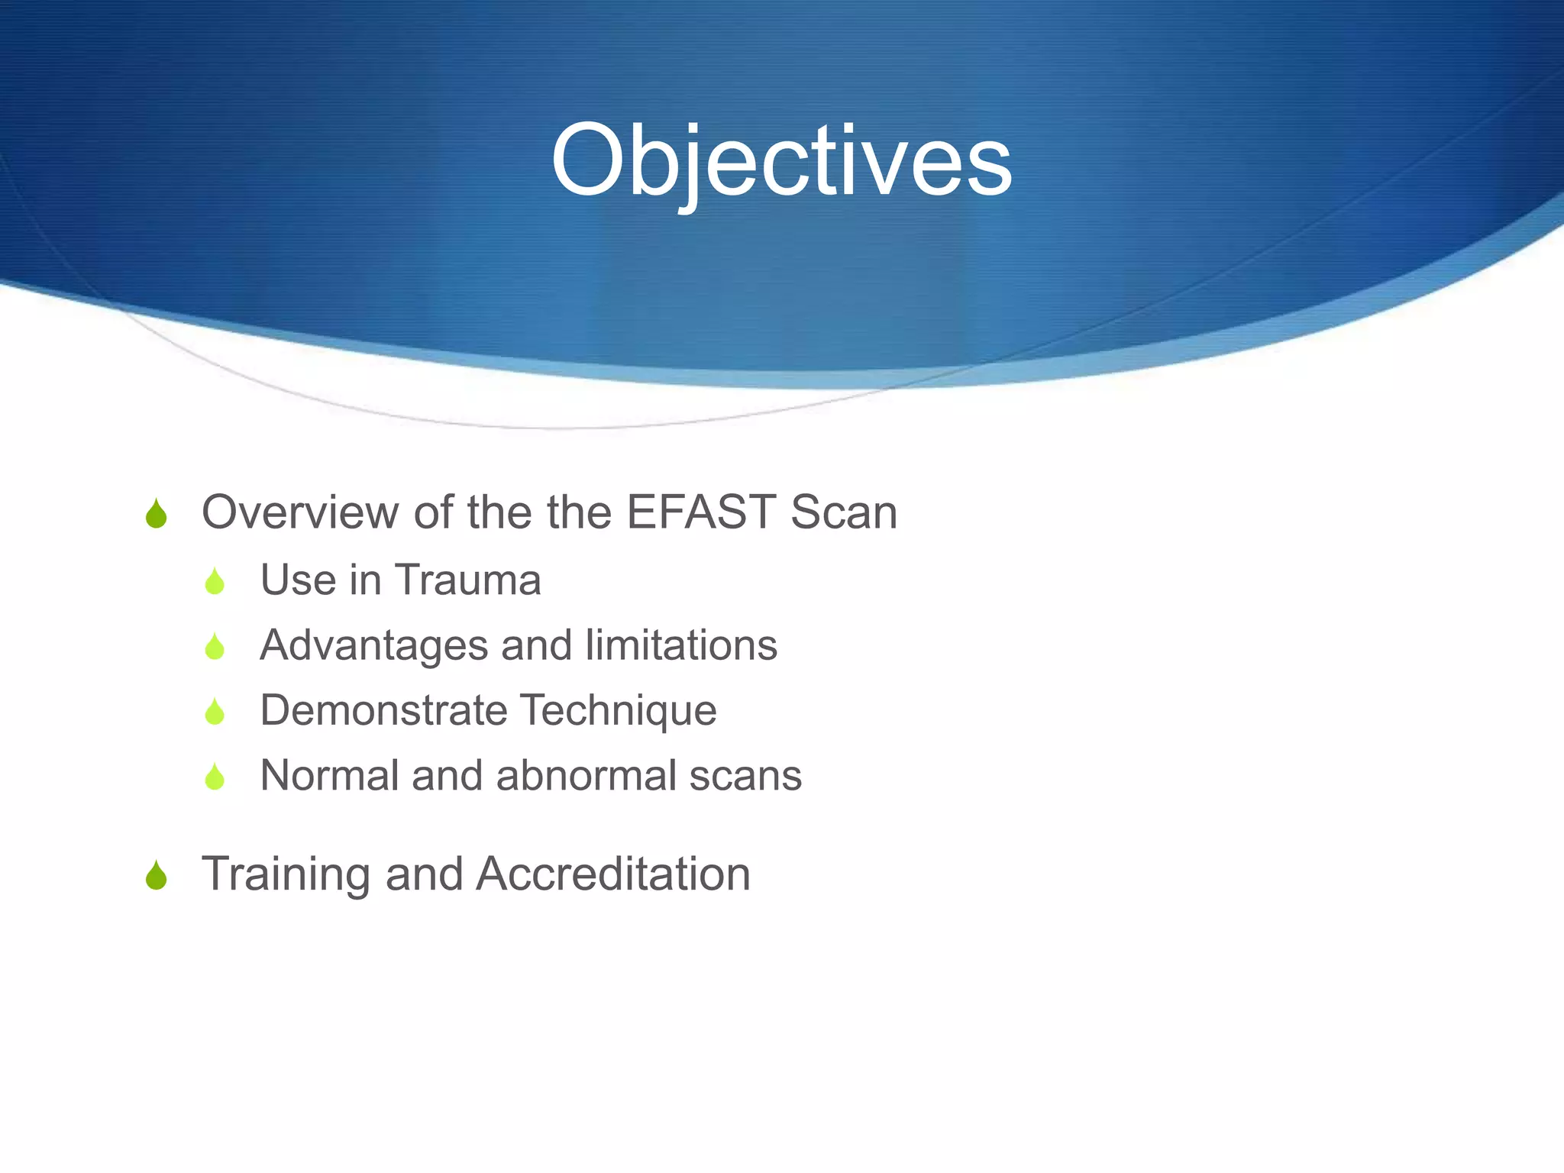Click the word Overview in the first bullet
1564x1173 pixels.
click(x=299, y=512)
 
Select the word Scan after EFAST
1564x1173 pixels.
click(x=844, y=512)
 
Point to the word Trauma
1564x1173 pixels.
click(x=468, y=580)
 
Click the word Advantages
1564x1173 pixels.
click(x=373, y=645)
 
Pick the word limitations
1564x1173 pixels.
click(x=681, y=645)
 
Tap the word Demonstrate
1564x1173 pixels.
click(x=384, y=710)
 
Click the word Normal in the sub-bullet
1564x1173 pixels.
click(x=329, y=775)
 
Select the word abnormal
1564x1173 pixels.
click(x=586, y=775)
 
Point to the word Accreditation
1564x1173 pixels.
click(x=613, y=874)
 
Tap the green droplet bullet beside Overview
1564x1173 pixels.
click(x=156, y=514)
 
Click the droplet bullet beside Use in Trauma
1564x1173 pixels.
click(x=215, y=582)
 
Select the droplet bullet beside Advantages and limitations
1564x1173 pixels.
click(x=215, y=647)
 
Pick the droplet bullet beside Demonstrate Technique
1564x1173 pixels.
click(x=215, y=713)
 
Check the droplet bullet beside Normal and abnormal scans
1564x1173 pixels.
click(x=215, y=777)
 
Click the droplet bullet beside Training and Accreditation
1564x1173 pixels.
click(x=156, y=876)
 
